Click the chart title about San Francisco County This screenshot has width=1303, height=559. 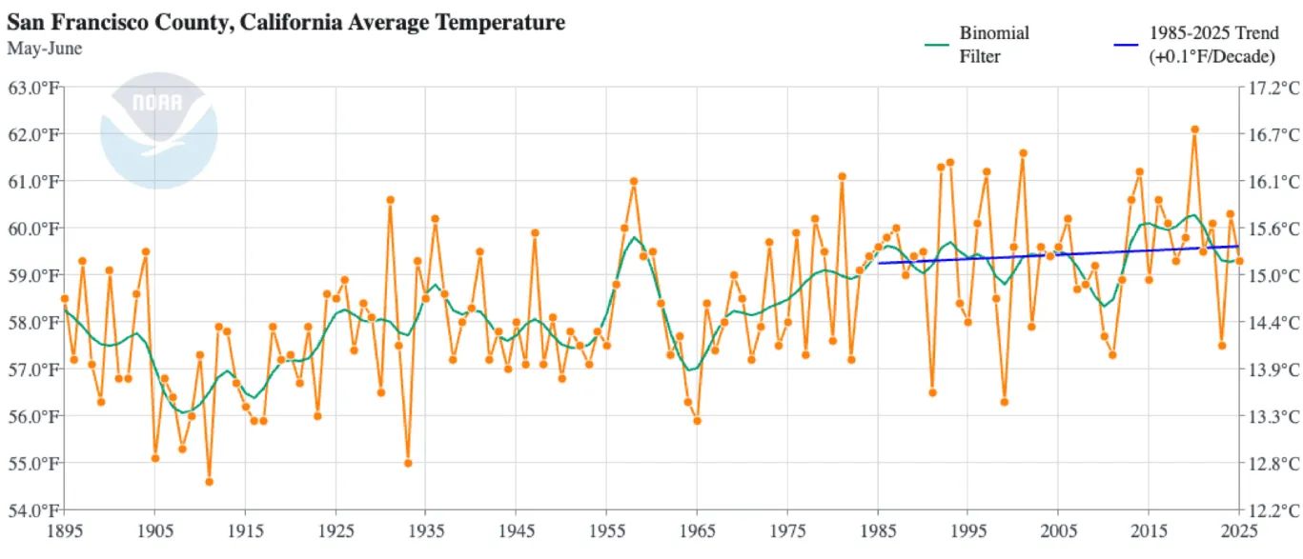[286, 22]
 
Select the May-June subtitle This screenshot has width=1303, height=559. [45, 48]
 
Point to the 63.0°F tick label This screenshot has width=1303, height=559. [34, 88]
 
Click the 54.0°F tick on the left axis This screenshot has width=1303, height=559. [34, 509]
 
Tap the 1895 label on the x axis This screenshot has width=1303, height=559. [64, 529]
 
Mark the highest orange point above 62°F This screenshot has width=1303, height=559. [1194, 130]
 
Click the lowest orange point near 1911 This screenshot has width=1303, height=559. [209, 482]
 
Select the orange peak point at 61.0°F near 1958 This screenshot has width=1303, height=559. [634, 181]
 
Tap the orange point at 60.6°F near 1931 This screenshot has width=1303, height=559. [390, 200]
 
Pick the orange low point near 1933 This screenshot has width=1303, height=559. [408, 463]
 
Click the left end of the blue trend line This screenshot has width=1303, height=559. [879, 263]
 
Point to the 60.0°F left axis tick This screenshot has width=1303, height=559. [34, 229]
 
